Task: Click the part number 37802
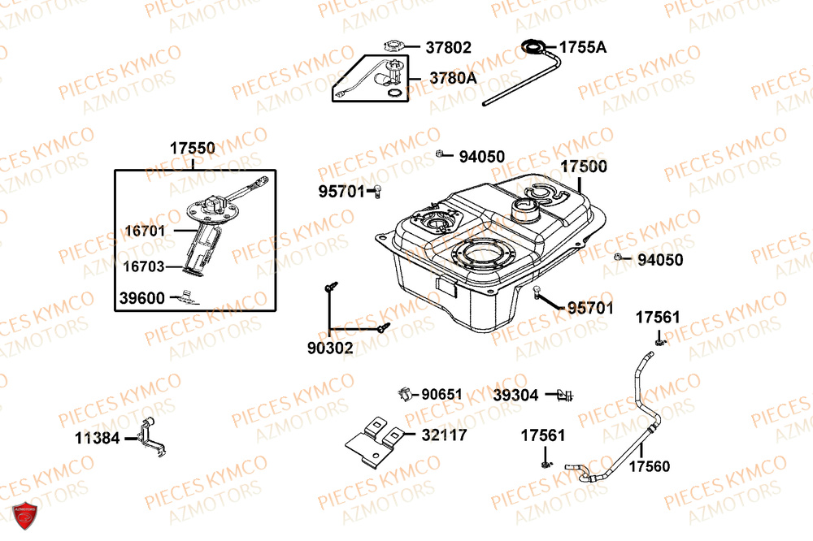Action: click(448, 48)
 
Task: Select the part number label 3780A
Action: click(453, 78)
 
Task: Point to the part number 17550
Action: click(193, 149)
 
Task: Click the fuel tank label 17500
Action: click(584, 167)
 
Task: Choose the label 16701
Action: click(145, 231)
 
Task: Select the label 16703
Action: click(144, 266)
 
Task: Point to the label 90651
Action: click(441, 395)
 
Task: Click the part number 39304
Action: click(515, 396)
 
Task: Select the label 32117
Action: click(444, 435)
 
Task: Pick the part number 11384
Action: click(97, 439)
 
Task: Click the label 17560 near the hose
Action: click(650, 467)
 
